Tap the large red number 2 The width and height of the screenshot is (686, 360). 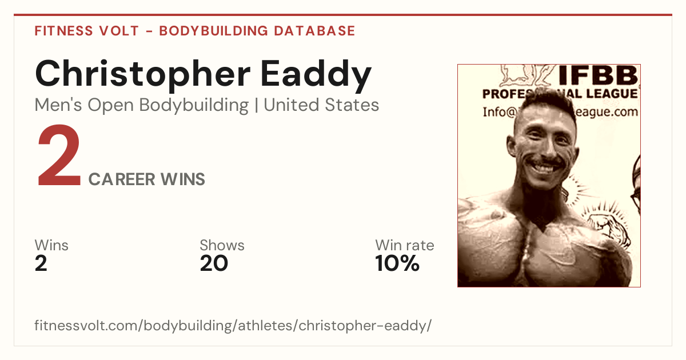pos(59,155)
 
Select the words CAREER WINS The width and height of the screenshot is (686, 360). pos(147,179)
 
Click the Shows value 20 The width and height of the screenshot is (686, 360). pos(214,263)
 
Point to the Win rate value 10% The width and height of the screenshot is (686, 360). pos(397,263)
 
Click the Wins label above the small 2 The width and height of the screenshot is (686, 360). pos(51,245)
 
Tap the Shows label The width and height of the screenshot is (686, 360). pos(222,245)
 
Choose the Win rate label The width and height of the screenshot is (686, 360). pos(405,245)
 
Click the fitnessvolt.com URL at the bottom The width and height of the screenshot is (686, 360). pos(233,325)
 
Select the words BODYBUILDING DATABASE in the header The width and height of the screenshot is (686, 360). pos(257,31)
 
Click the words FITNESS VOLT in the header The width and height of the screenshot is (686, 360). pos(87,31)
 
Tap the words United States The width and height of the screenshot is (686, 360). pos(321,105)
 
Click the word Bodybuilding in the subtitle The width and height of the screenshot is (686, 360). pos(194,106)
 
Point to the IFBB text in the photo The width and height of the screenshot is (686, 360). pos(598,75)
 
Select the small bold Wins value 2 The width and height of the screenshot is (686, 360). pos(41,263)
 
